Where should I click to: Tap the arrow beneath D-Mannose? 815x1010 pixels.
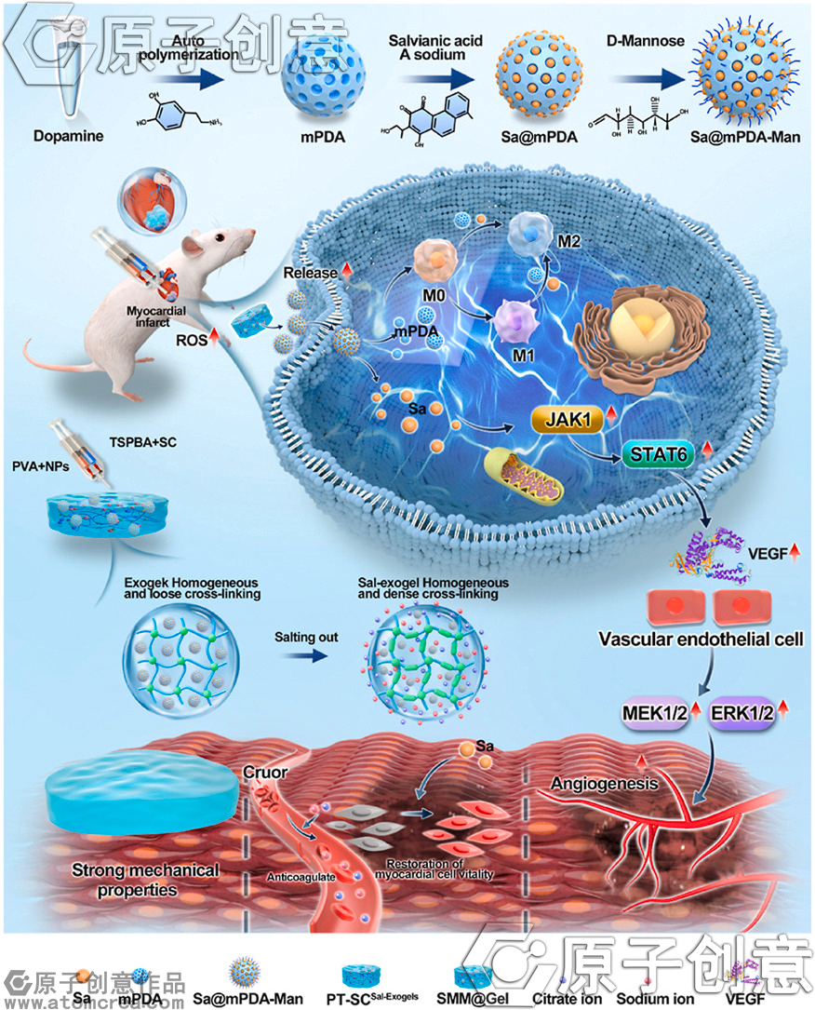659,79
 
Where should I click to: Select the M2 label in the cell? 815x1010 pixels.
570,243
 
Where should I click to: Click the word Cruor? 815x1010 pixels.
265,773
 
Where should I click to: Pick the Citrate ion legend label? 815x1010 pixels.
560,998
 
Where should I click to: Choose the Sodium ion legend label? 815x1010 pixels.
657,998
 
